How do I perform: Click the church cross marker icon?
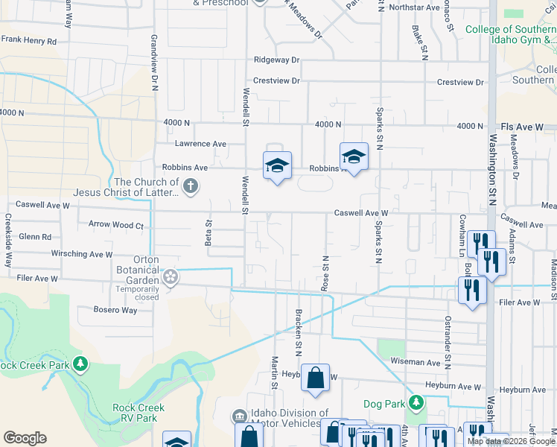point(190,186)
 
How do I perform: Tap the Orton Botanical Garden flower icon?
point(171,277)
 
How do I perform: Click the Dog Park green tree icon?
point(416,404)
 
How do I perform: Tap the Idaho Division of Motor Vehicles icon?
point(240,416)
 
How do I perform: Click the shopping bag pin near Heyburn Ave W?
point(316,377)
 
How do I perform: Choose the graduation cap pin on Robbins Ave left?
point(277,166)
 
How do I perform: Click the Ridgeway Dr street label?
point(276,60)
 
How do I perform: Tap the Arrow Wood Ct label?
point(115,224)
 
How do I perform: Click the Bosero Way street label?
point(115,310)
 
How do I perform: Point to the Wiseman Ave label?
point(416,361)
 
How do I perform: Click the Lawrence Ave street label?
point(200,144)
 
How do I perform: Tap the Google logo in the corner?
point(25,437)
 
